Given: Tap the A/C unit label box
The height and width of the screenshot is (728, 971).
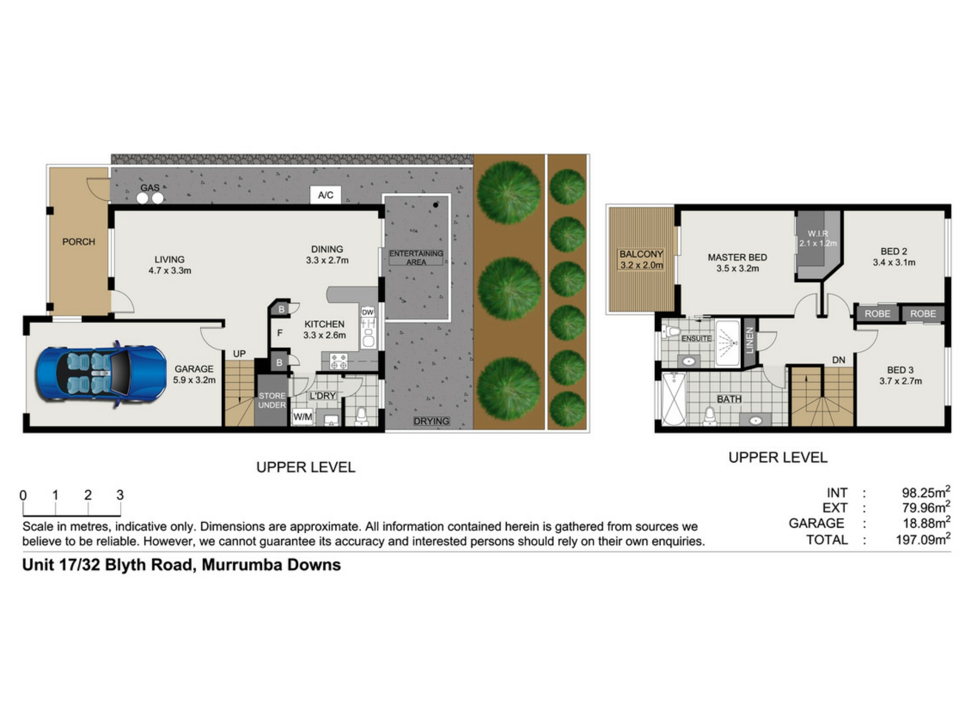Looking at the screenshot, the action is tap(326, 195).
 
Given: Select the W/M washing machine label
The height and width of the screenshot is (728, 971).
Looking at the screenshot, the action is tap(302, 417).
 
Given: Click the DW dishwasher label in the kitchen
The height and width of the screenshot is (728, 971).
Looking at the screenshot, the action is tap(368, 312).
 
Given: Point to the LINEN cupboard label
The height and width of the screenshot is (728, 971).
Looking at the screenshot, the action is tap(750, 340).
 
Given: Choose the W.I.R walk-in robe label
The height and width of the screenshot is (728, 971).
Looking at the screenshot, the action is tap(818, 234).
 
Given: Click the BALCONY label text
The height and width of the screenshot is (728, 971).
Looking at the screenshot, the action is tap(641, 254).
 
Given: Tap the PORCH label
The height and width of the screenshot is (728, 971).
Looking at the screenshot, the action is tap(79, 242).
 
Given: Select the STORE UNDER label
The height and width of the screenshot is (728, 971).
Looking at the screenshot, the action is tap(272, 400).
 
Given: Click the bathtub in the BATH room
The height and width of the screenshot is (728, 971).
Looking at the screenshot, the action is tap(674, 399).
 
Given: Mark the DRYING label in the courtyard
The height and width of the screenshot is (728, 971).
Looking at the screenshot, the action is tap(431, 421).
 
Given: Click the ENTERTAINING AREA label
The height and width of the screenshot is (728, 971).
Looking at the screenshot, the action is tap(416, 258).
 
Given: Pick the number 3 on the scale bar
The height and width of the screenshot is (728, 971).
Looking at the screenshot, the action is tap(120, 495).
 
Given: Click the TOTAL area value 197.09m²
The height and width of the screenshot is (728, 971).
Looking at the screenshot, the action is tap(923, 539).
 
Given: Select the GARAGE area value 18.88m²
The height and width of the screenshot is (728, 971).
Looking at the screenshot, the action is tap(926, 523).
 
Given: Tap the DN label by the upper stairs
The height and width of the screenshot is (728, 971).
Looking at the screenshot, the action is tap(838, 360).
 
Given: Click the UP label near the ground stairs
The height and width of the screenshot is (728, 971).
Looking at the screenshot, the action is tap(239, 354).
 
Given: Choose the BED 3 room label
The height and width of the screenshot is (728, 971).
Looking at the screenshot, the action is tap(900, 370).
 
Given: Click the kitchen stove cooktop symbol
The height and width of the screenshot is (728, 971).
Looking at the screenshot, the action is tap(339, 361).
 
